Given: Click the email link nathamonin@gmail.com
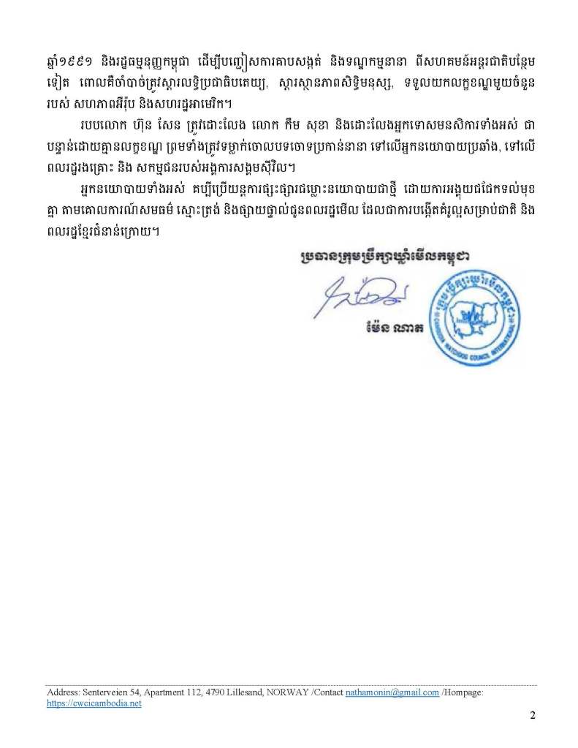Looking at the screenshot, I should [392, 692].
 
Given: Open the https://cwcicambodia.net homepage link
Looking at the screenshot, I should [94, 703].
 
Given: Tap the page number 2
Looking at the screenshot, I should [533, 717].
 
